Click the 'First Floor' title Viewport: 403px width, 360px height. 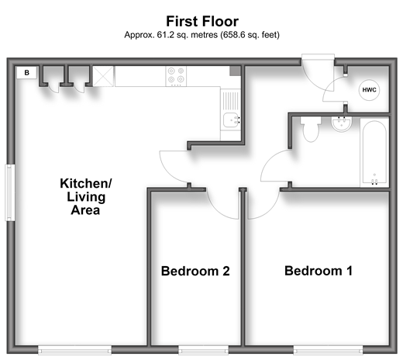tap(202, 21)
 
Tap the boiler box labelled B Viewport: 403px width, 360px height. tap(26, 73)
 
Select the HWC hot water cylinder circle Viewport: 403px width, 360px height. tap(369, 90)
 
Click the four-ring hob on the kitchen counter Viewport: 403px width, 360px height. tap(176, 76)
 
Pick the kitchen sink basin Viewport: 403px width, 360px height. tap(232, 119)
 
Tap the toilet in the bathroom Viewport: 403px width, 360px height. tap(311, 129)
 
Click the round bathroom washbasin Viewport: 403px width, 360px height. tap(342, 123)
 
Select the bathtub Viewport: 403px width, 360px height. tap(374, 153)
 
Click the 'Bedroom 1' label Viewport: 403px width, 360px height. tap(319, 271)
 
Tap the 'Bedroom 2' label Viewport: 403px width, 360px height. tap(195, 271)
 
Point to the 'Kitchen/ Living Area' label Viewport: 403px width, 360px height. tap(86, 196)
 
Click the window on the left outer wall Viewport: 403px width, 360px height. tap(10, 192)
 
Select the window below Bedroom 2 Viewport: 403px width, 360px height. tap(203, 350)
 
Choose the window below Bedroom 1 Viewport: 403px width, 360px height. tap(328, 350)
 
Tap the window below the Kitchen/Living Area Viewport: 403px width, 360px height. tap(75, 350)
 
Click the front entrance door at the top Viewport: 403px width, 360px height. tap(318, 72)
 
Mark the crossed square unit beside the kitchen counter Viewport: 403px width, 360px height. tap(103, 76)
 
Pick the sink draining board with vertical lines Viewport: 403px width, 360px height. tap(230, 100)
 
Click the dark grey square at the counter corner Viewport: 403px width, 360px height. tap(235, 71)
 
